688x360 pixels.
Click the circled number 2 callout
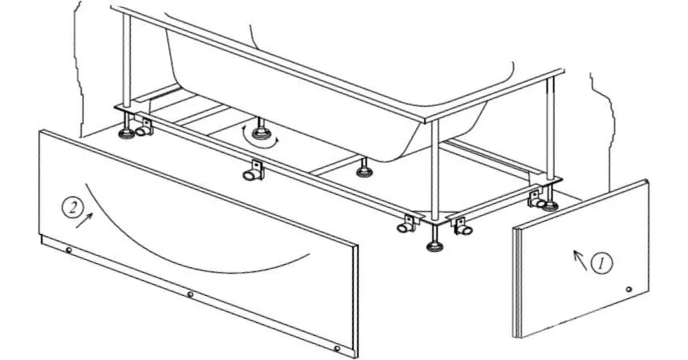(x=72, y=207)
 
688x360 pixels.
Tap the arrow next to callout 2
(x=84, y=220)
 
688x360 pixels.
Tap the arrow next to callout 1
(x=580, y=260)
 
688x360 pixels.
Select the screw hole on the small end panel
(x=629, y=289)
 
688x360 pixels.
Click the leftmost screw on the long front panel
(x=69, y=251)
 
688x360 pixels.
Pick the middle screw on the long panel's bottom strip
(x=190, y=294)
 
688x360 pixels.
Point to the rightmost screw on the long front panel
(x=337, y=348)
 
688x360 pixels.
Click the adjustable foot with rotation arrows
(x=261, y=130)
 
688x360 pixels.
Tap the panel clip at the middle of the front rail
(x=254, y=170)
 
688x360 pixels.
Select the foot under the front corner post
(x=435, y=242)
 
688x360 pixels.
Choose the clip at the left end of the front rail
(x=143, y=127)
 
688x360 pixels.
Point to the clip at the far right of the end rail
(x=536, y=199)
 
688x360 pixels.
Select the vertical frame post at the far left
(x=127, y=60)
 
